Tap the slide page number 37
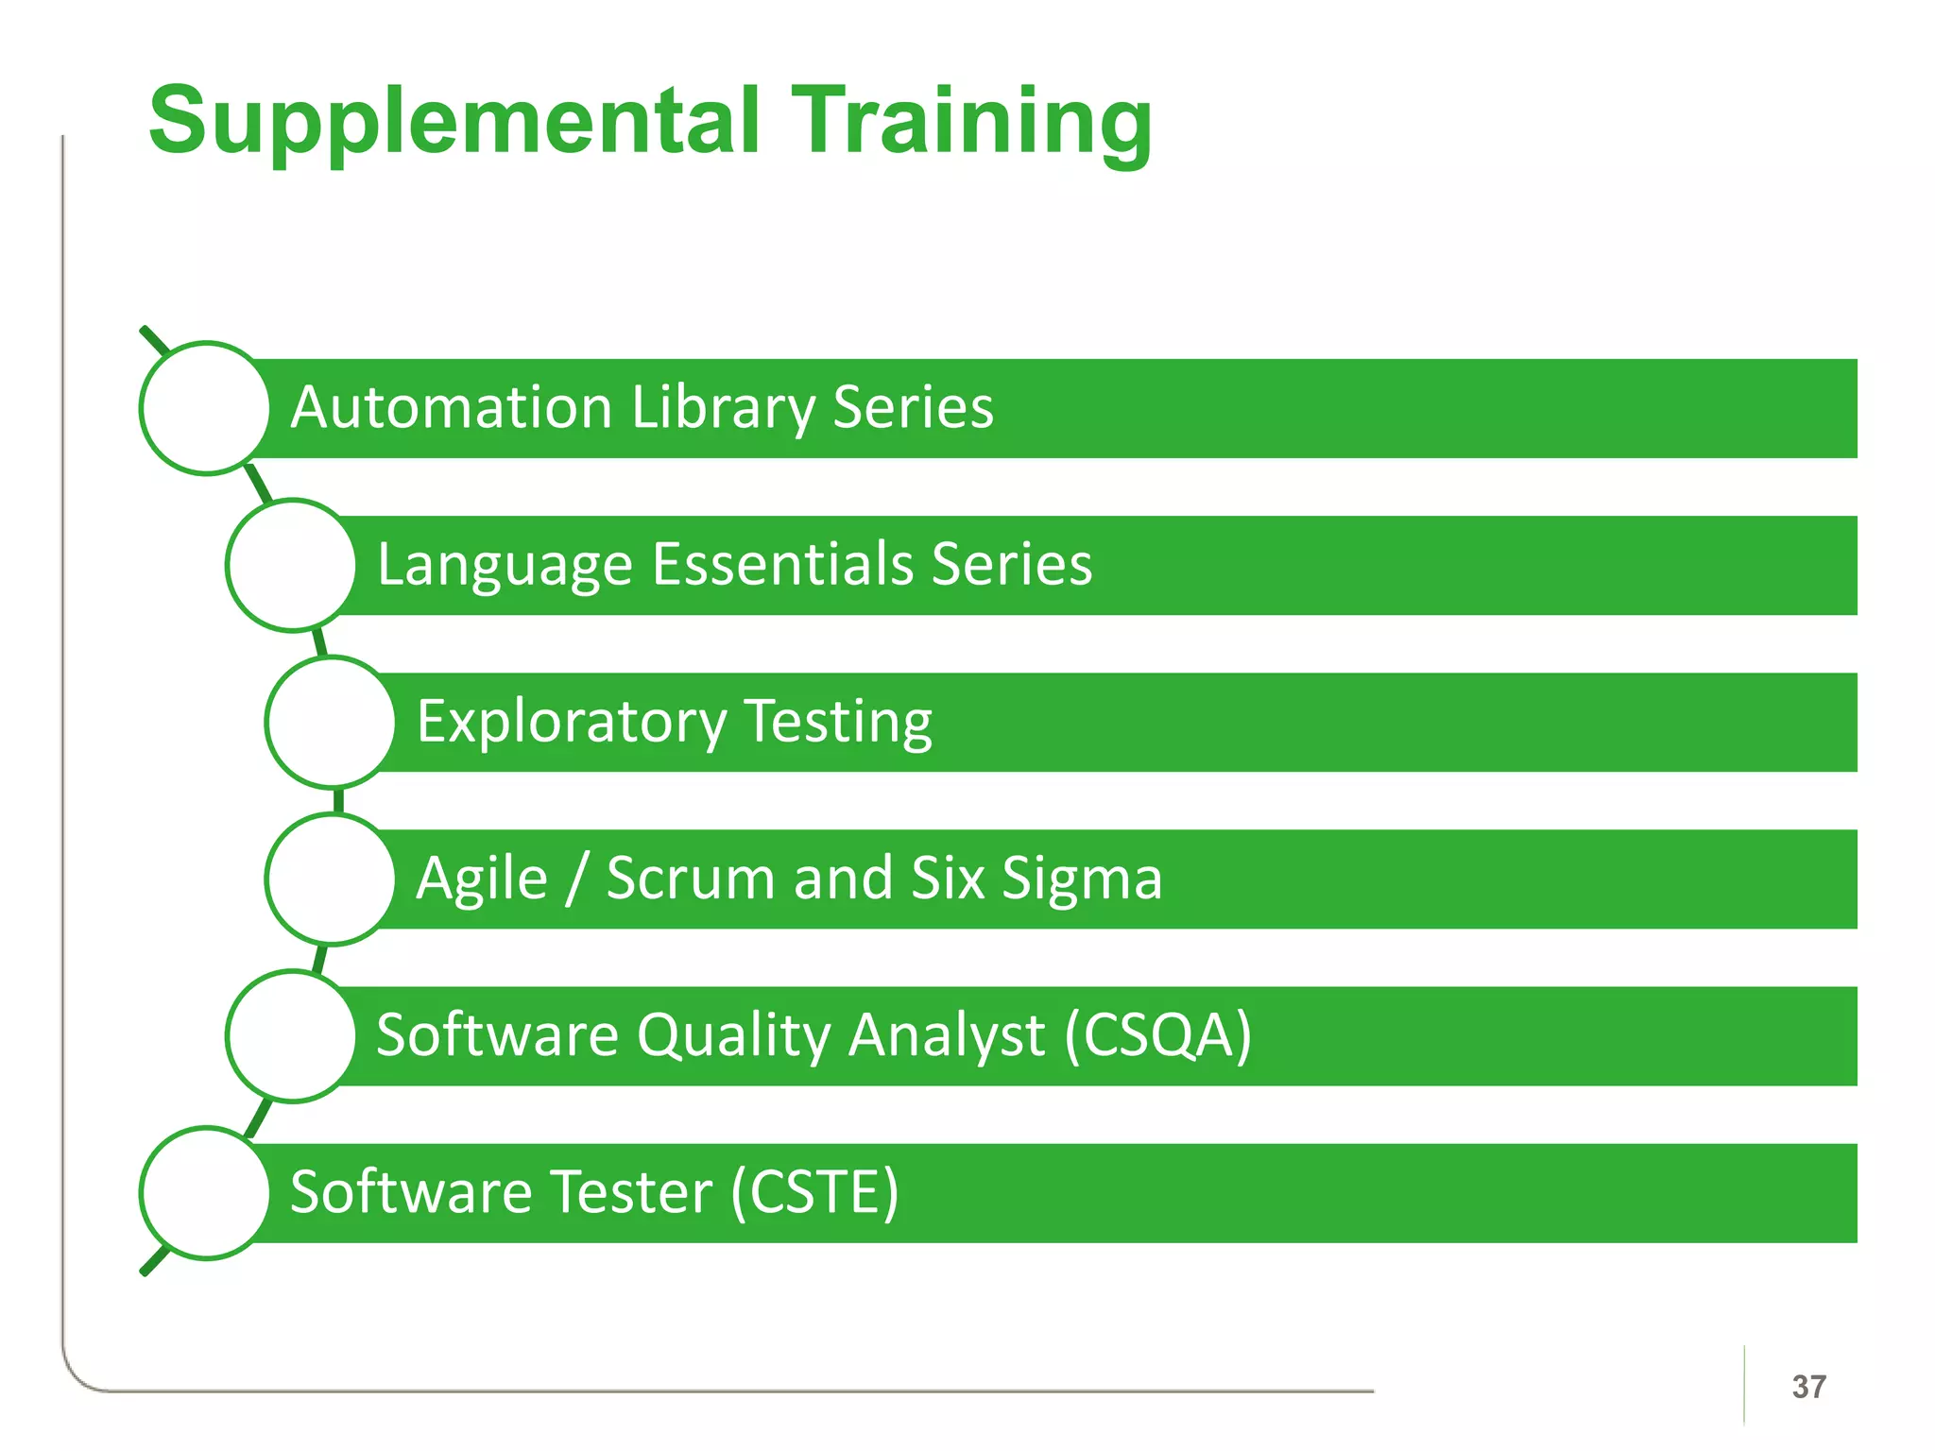(x=1808, y=1387)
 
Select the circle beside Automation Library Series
(x=205, y=408)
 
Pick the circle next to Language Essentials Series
(x=292, y=565)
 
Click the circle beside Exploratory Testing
(x=331, y=722)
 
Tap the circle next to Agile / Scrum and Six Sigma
(x=331, y=879)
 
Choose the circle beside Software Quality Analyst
(x=292, y=1035)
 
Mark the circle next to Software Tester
(x=205, y=1192)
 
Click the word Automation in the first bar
(x=452, y=408)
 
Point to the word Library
(x=723, y=408)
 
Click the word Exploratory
(x=572, y=722)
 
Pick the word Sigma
(x=1081, y=879)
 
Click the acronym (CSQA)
(x=1157, y=1035)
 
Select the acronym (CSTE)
(x=814, y=1192)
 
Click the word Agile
(x=482, y=879)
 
